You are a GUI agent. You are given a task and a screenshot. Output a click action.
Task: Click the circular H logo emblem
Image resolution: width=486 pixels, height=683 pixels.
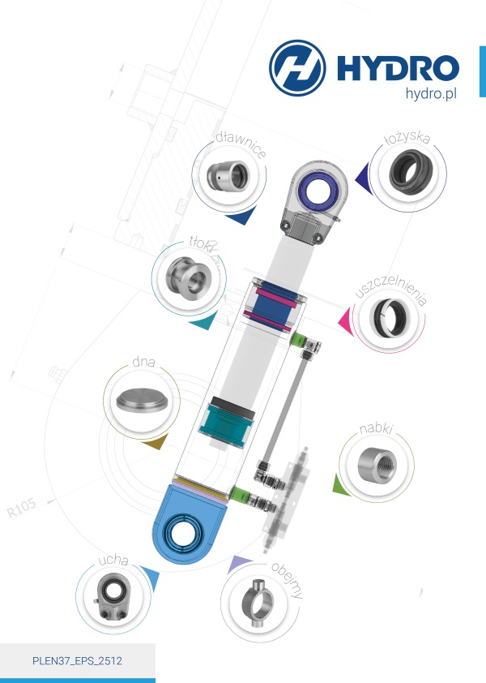(x=297, y=68)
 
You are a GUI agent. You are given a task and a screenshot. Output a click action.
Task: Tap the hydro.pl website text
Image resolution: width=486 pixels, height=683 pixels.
(x=431, y=93)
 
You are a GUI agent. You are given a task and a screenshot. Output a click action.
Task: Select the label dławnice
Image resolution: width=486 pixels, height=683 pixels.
(x=241, y=144)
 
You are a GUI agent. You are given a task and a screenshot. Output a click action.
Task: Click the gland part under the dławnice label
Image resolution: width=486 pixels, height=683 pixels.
(x=228, y=176)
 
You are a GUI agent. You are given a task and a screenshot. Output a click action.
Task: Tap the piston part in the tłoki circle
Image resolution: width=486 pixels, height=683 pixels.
(x=189, y=277)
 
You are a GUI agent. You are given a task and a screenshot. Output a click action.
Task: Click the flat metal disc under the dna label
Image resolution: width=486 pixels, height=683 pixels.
(x=142, y=402)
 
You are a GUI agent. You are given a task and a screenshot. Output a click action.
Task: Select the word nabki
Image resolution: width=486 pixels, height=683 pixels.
(x=376, y=428)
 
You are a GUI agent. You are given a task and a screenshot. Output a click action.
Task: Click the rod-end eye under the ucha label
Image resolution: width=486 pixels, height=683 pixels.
(x=112, y=596)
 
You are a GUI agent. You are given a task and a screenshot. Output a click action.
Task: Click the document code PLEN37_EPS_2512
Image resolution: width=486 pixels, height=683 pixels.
(x=77, y=661)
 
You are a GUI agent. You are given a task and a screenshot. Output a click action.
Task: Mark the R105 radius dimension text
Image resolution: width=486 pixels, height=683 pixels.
(x=22, y=508)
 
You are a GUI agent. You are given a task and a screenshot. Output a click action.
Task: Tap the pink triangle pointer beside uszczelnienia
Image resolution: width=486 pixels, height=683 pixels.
(x=346, y=322)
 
